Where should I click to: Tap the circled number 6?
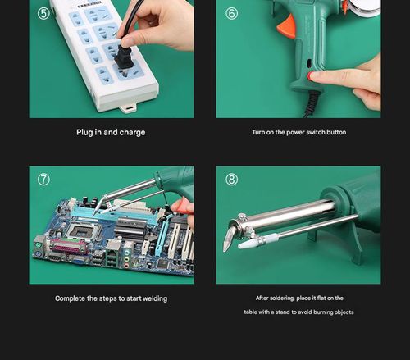(231, 13)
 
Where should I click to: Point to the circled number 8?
(232, 180)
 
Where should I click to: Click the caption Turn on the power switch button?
(298, 132)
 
